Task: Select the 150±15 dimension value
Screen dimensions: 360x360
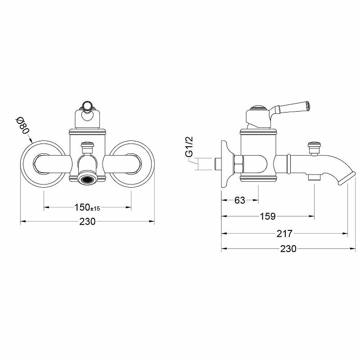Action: [x=87, y=207]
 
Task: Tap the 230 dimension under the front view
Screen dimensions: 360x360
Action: [x=87, y=221]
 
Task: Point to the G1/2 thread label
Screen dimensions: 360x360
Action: [x=189, y=147]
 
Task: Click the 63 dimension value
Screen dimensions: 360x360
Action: [x=240, y=200]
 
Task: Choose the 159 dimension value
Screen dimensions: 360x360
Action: [x=268, y=216]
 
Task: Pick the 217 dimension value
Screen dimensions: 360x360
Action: [x=285, y=234]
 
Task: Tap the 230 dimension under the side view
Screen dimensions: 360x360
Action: [x=288, y=248]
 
